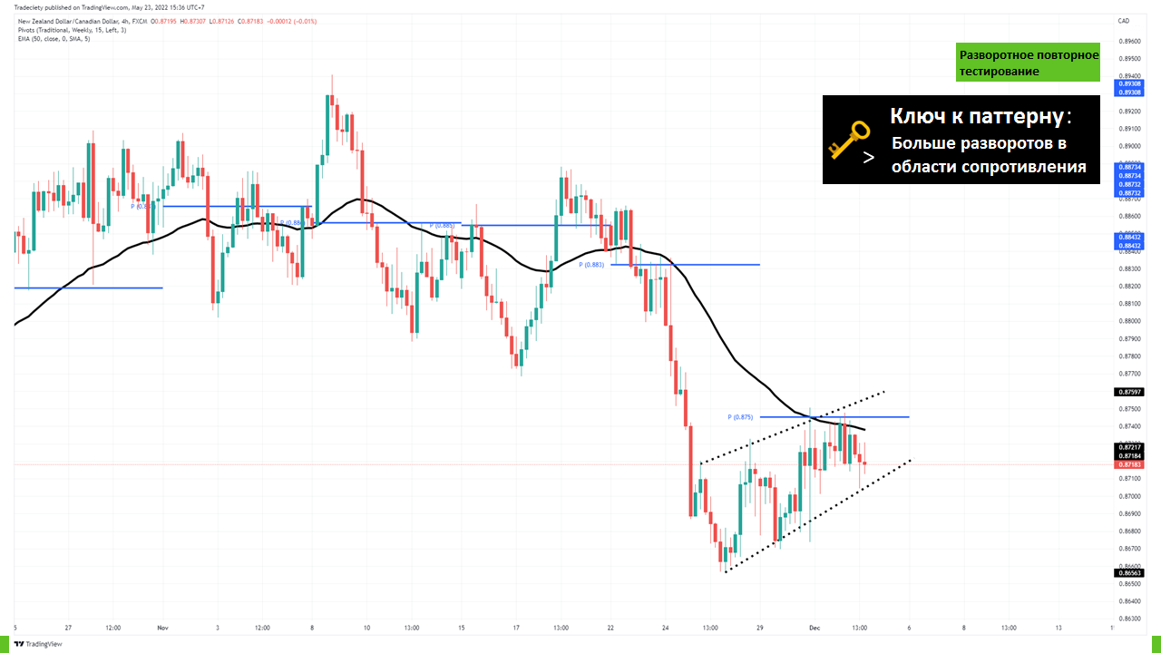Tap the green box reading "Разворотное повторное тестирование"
click(1028, 63)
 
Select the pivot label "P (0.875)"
click(740, 417)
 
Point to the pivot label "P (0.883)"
click(591, 265)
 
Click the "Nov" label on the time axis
click(162, 627)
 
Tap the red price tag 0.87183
click(1129, 464)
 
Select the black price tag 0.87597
click(1129, 392)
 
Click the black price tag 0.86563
click(1129, 573)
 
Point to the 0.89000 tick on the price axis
click(1129, 146)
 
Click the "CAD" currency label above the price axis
click(1124, 21)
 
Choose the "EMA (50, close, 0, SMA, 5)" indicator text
click(54, 38)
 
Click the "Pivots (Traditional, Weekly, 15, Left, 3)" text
click(72, 30)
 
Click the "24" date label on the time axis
click(666, 627)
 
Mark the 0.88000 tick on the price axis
click(1129, 321)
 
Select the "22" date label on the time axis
click(610, 627)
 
